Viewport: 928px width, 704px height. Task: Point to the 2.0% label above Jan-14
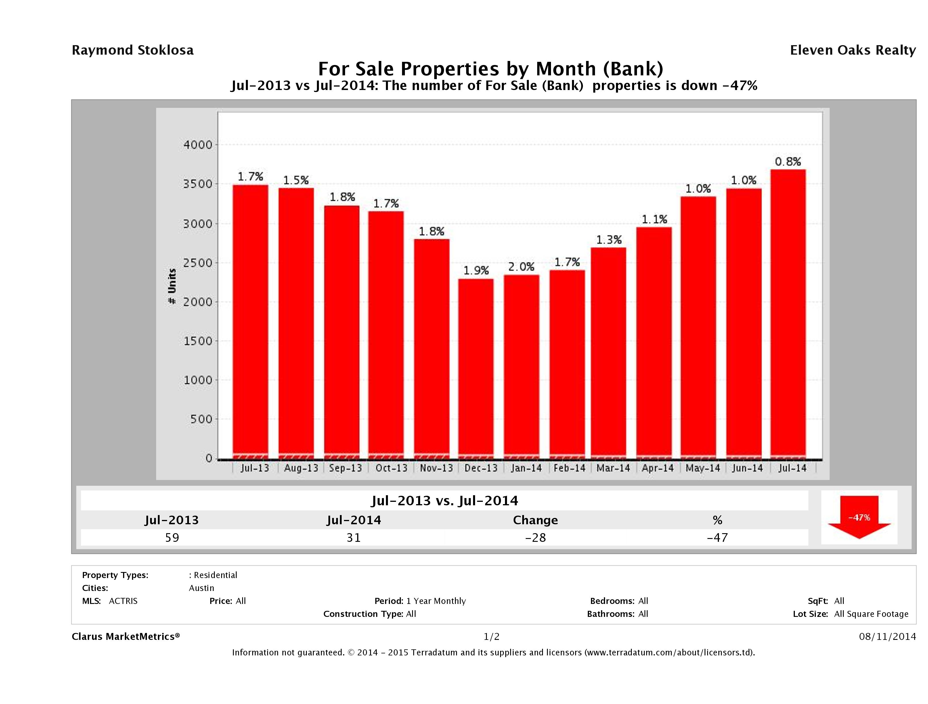pos(521,267)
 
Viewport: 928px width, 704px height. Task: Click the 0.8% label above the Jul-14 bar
pos(788,162)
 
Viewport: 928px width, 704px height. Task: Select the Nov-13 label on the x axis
pos(436,468)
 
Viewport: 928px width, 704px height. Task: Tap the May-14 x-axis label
pos(703,468)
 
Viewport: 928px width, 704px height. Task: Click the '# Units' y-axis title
pos(172,286)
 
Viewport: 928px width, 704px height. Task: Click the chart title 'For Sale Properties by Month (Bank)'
pos(490,68)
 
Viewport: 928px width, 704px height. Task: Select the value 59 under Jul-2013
pos(172,537)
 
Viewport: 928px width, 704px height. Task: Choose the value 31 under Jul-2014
pos(354,537)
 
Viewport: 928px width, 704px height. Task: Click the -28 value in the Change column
pos(535,537)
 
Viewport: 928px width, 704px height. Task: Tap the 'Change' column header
pos(535,520)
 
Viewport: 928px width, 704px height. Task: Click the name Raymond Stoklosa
pos(133,50)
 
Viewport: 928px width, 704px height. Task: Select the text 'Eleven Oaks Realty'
pos(852,50)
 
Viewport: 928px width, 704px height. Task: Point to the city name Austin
pos(201,588)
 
